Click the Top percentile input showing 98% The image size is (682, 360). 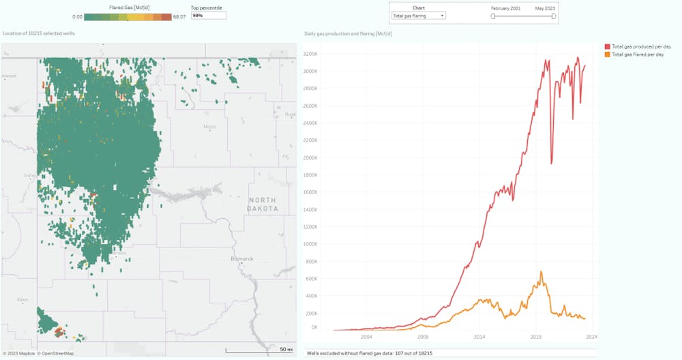[x=208, y=15]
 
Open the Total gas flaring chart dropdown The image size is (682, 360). [x=418, y=14]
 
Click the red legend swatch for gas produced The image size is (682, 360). [x=608, y=46]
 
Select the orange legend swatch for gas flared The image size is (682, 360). [x=608, y=54]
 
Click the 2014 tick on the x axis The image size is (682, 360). [x=479, y=337]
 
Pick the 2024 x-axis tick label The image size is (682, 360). [x=592, y=337]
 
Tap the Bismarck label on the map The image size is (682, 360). [x=242, y=259]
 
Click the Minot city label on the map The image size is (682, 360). [x=209, y=127]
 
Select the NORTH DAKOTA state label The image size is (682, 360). [x=263, y=204]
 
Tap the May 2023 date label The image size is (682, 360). [x=544, y=7]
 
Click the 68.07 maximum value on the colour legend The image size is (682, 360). [x=179, y=16]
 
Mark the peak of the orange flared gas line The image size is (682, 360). [x=542, y=271]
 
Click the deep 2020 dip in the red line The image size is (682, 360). [x=551, y=163]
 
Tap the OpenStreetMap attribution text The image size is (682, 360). [x=57, y=353]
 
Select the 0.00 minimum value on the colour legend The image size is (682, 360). [x=77, y=16]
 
